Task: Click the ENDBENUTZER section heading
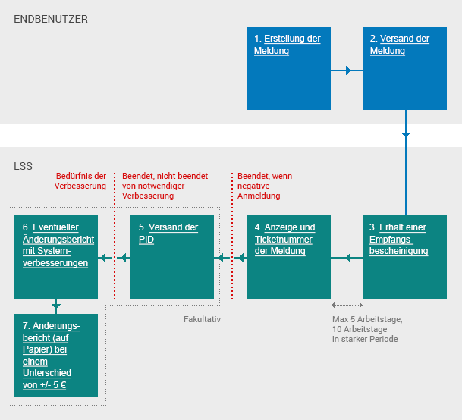point(51,18)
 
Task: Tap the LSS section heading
point(23,165)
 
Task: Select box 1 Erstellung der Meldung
point(289,67)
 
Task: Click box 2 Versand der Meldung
point(405,67)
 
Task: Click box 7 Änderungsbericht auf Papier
point(56,355)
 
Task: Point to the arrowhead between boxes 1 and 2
point(348,71)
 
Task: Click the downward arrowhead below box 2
point(405,134)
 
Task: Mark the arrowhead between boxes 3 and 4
point(348,259)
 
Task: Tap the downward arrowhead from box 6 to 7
point(56,307)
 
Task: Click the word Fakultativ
point(202,319)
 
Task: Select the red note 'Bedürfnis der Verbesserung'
point(81,180)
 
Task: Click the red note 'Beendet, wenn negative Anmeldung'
point(264,186)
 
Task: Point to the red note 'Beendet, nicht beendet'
point(165,186)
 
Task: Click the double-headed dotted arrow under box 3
point(347,306)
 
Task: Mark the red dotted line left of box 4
point(231,243)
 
